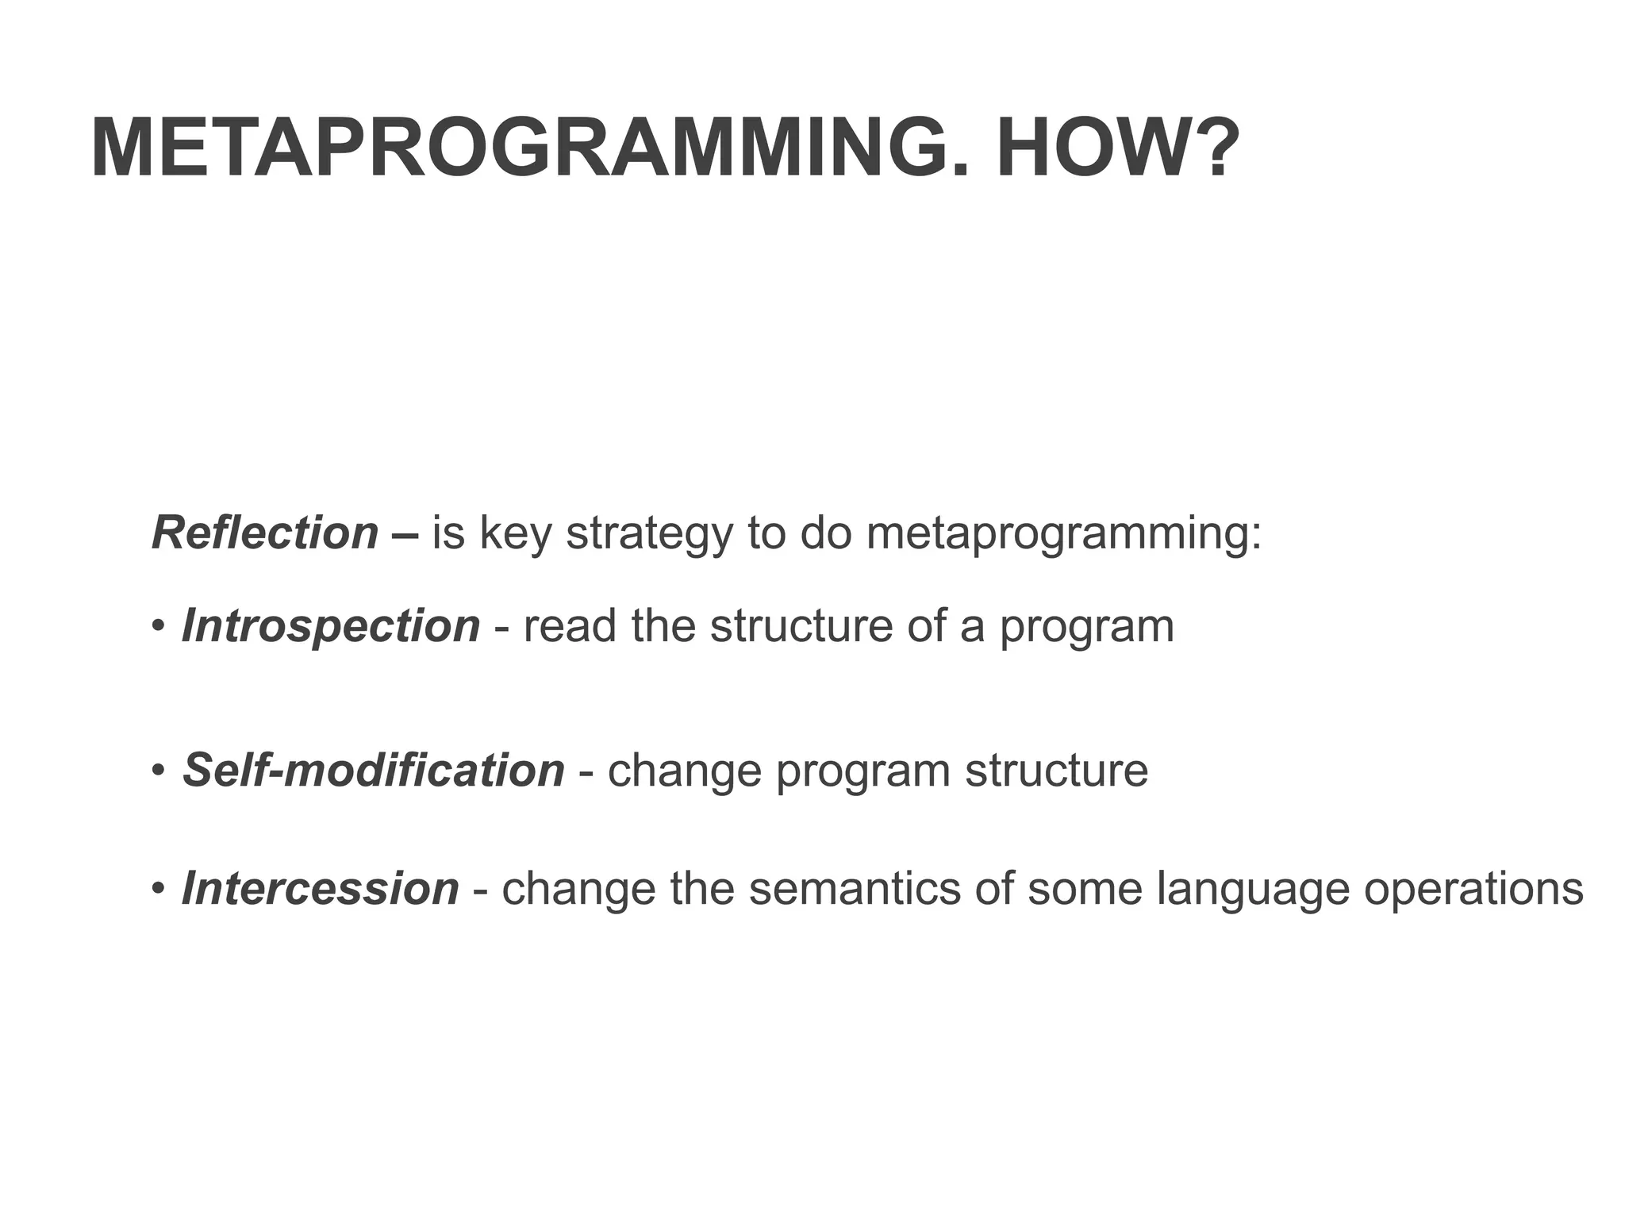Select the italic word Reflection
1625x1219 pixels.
265,533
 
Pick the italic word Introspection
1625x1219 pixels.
331,626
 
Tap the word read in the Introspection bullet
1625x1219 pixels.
570,626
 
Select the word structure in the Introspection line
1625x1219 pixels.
801,626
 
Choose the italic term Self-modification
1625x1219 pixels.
374,770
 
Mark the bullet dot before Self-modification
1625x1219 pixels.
158,771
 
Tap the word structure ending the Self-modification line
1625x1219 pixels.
1056,770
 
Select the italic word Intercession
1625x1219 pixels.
321,888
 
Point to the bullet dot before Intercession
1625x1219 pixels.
158,889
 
